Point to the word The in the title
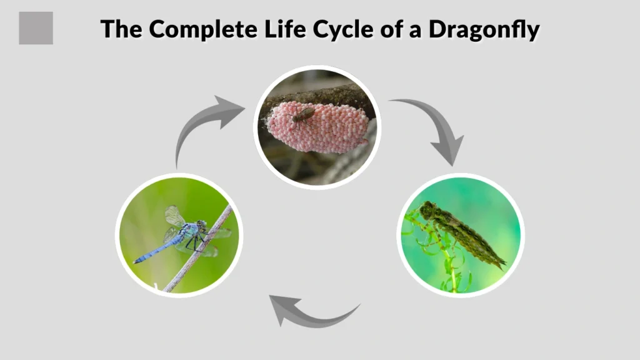[x=122, y=29]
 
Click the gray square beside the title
[x=36, y=28]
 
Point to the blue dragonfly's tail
[x=153, y=250]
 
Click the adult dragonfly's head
[x=201, y=223]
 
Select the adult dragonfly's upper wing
[x=174, y=216]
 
